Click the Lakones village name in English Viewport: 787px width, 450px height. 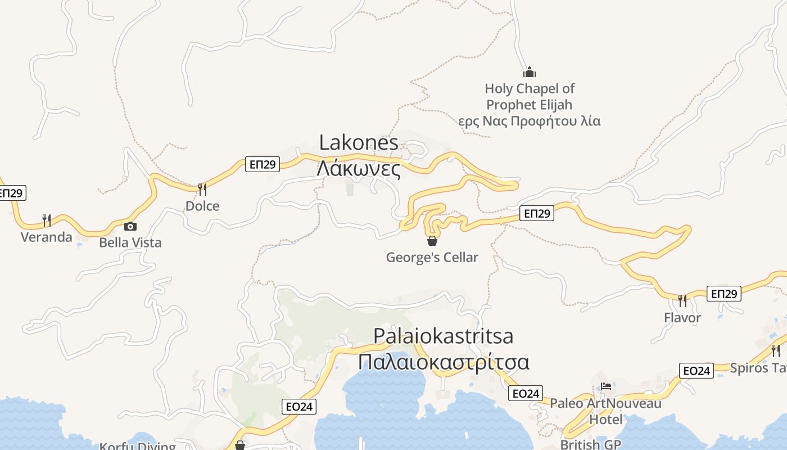click(x=359, y=142)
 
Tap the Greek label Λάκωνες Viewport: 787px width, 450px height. click(x=359, y=168)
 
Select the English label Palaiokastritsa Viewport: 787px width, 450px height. click(x=443, y=336)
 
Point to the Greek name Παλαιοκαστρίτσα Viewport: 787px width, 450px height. click(x=443, y=362)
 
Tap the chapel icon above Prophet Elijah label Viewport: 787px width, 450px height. click(x=530, y=72)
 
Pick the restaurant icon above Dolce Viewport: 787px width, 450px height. click(x=202, y=189)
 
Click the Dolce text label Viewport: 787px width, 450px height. click(x=202, y=206)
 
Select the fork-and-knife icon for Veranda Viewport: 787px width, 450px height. click(x=47, y=219)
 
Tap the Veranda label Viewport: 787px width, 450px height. click(x=47, y=237)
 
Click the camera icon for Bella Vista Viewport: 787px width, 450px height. click(x=130, y=226)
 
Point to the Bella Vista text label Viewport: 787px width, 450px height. click(x=130, y=242)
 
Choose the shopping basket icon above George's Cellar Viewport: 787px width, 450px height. click(x=432, y=241)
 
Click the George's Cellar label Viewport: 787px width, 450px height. click(x=432, y=258)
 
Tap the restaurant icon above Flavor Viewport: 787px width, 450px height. click(x=682, y=300)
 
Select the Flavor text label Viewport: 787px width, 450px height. click(x=682, y=318)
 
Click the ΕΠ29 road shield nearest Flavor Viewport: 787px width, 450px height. click(x=723, y=294)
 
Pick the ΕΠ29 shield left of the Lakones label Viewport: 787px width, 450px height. click(x=263, y=164)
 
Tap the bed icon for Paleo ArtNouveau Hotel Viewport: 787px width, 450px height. click(x=606, y=386)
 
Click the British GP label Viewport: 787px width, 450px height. click(x=590, y=444)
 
